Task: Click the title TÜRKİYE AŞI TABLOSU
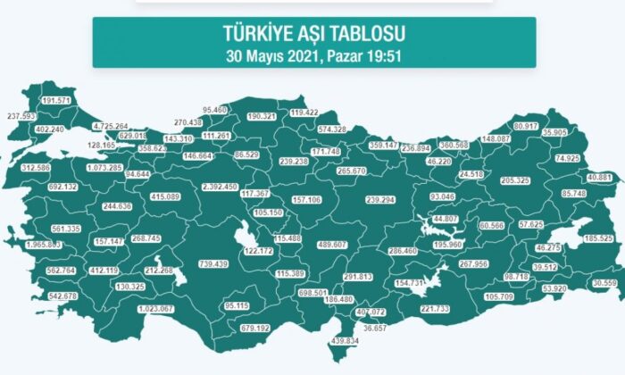pos(314,34)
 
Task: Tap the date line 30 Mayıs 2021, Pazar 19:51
pos(314,53)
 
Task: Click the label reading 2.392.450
pos(220,187)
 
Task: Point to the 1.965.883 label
pos(44,244)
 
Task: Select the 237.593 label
pos(22,116)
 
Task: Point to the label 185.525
pos(600,238)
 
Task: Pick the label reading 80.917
pos(527,126)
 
